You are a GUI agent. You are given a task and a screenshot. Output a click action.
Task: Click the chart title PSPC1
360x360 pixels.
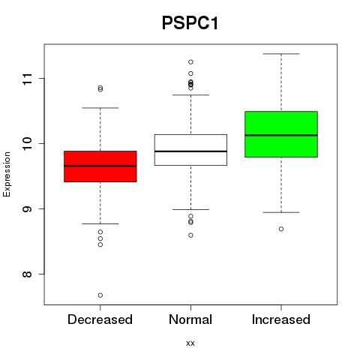pos(190,22)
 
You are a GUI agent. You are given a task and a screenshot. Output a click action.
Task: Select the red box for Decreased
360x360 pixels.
pos(100,166)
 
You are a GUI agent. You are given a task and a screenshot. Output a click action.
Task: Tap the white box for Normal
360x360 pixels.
pos(190,150)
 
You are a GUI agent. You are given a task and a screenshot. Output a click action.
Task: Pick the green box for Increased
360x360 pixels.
pos(281,134)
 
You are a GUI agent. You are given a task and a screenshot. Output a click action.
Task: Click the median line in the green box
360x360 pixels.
pos(281,135)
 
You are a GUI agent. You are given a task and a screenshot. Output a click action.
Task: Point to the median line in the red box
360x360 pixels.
pos(100,166)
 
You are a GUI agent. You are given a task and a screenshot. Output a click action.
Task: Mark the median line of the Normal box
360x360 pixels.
pos(190,151)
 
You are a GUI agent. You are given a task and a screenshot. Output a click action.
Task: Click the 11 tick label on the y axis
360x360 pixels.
pos(27,79)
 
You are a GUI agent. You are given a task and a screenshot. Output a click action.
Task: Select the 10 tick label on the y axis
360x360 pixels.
pos(27,143)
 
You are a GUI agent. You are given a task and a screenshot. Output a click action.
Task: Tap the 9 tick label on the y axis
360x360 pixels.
pos(27,208)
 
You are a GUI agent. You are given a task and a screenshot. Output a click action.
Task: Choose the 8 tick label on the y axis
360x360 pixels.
pos(27,274)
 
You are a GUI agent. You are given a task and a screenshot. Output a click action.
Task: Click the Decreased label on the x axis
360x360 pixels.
pos(100,319)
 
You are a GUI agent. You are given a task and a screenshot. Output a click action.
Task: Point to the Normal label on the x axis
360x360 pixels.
pos(190,319)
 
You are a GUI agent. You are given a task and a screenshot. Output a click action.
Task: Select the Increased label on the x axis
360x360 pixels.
pos(281,319)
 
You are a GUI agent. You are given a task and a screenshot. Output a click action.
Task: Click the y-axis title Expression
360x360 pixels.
pos(7,174)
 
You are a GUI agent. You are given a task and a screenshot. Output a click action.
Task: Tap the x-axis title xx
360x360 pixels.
pos(190,343)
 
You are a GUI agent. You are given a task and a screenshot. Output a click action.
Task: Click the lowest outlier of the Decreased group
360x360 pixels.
pos(100,295)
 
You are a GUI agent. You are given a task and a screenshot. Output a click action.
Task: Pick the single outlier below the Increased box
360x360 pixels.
pos(281,229)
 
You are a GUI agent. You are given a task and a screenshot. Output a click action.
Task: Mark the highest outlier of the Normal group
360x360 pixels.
pos(190,62)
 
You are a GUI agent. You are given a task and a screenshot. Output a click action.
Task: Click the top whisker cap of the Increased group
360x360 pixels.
pos(281,54)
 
